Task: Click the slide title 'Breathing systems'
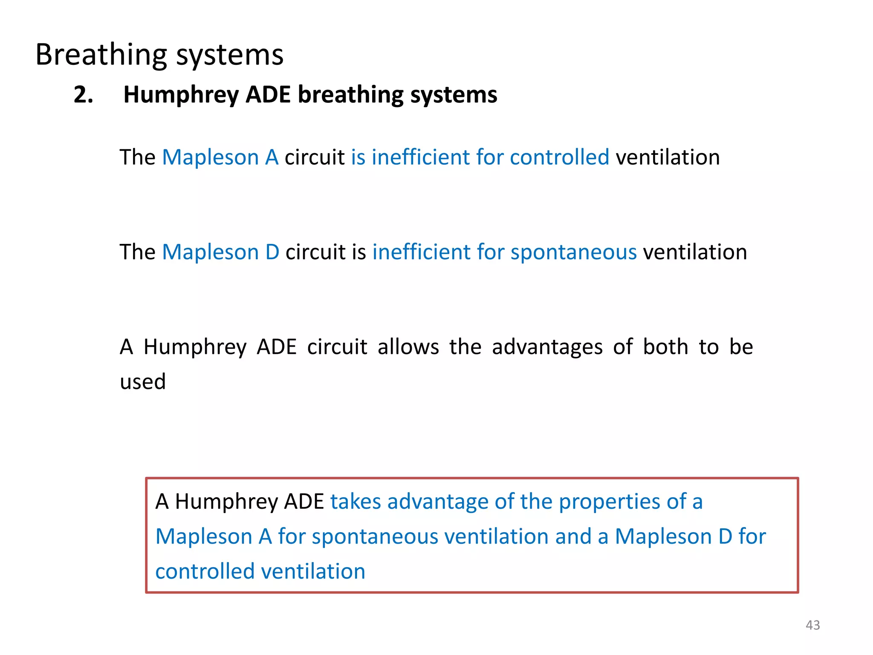point(159,55)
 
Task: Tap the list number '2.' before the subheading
point(83,95)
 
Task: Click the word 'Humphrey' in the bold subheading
point(181,95)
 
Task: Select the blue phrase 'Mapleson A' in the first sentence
point(220,157)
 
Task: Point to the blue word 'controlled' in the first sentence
point(559,157)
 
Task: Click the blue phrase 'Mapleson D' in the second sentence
point(220,252)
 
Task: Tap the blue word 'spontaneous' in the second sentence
point(573,252)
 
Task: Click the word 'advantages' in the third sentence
point(547,347)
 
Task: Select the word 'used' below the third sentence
point(142,382)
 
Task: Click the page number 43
point(812,625)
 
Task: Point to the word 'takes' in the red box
point(355,501)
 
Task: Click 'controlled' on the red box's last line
point(205,571)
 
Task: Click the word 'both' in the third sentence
point(665,347)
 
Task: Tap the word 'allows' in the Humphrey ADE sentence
point(408,347)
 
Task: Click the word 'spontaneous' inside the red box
point(375,536)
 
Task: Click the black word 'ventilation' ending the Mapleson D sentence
point(695,252)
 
